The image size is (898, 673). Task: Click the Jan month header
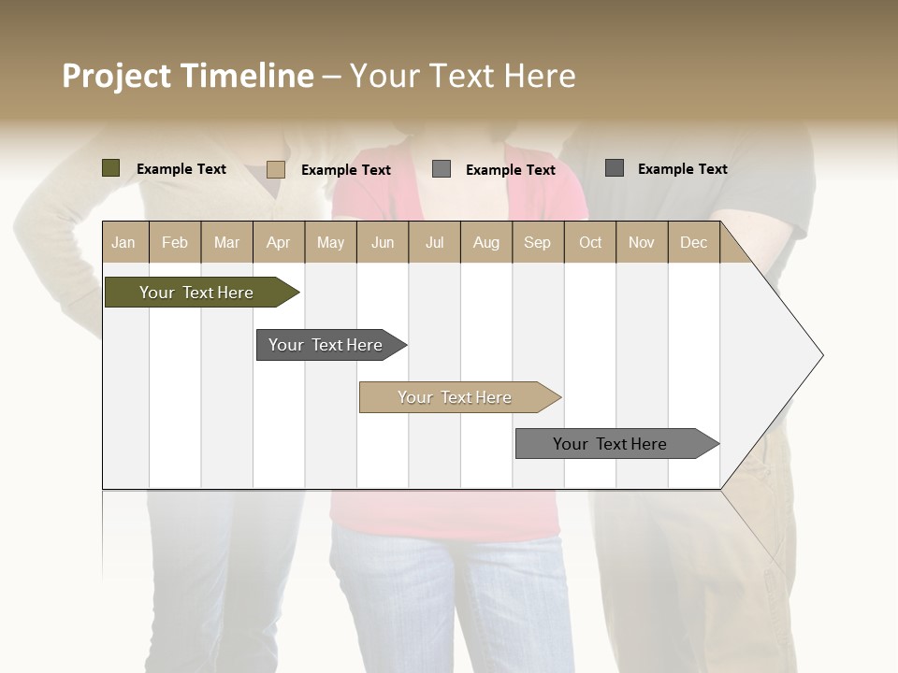pos(123,242)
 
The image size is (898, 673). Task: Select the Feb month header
pos(175,242)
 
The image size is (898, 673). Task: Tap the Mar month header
pos(226,242)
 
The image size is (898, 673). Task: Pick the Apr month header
pos(278,242)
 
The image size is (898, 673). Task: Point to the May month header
pos(330,242)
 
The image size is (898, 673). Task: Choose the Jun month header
pos(383,242)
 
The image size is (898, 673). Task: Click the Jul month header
pos(434,242)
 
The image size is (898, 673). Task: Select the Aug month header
pos(486,242)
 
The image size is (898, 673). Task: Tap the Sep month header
pos(537,242)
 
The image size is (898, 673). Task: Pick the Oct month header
pos(590,242)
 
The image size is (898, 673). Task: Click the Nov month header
pos(642,242)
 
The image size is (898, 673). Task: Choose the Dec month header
pos(693,242)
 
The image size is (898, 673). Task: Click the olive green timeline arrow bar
pos(196,293)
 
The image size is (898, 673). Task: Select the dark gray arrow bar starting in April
pos(326,345)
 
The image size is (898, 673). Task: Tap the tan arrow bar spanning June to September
pos(455,397)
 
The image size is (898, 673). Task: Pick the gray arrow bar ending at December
pos(610,444)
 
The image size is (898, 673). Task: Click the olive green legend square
pos(110,168)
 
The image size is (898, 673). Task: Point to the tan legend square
pos(275,169)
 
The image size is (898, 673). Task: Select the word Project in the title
pos(117,76)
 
